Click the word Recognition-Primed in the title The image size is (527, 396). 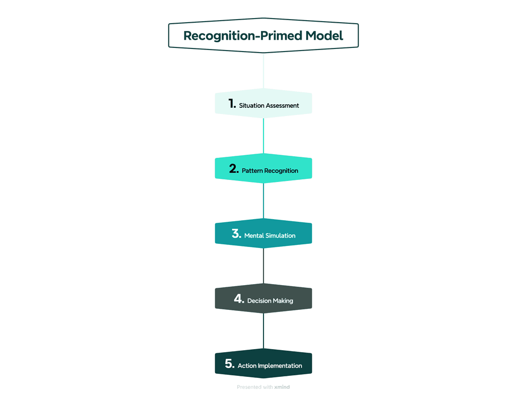point(242,36)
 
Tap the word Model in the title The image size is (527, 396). point(324,36)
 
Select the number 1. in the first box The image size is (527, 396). point(232,104)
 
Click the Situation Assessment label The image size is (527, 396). point(269,106)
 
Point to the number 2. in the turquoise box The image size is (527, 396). point(234,169)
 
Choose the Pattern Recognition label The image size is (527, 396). point(270,171)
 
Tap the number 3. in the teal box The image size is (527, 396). point(236,234)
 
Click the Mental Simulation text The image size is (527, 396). point(270,236)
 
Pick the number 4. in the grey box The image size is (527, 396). point(239,299)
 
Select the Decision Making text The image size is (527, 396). point(270,301)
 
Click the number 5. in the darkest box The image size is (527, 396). point(230,364)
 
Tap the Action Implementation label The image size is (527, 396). point(270,366)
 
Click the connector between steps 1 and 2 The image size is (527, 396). point(263,136)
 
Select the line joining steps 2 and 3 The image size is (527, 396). point(263,201)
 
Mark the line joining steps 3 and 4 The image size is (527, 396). point(263,266)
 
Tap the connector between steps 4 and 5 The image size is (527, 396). point(263,331)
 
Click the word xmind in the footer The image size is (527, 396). point(282,387)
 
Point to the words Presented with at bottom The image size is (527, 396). point(254,387)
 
